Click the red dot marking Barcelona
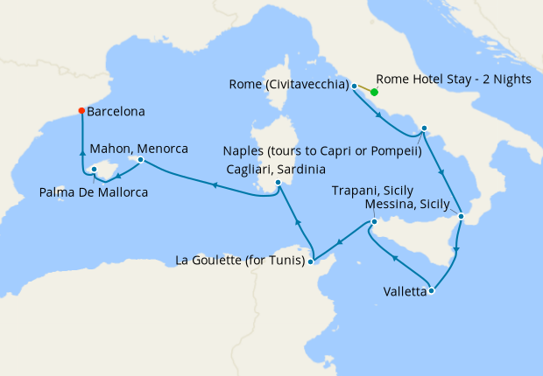81,111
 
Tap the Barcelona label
116,112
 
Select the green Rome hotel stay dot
374,92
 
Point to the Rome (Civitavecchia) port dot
354,87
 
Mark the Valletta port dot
431,291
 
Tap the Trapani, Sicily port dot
373,221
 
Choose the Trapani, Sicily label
372,190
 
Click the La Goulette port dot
313,260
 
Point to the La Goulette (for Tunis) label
242,260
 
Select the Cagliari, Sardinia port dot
278,183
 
